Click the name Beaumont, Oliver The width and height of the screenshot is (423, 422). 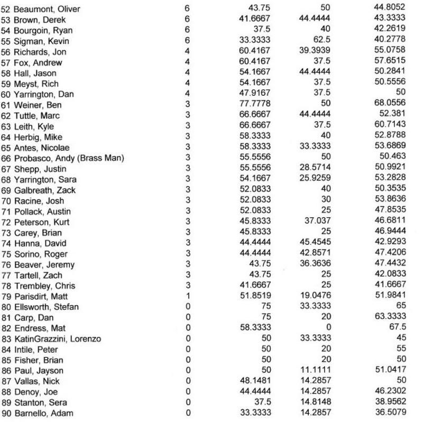pos(41,9)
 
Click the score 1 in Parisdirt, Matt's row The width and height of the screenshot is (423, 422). pos(188,296)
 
